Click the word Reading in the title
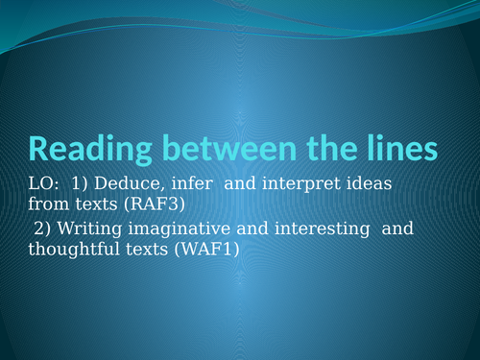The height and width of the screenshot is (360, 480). click(85, 149)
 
